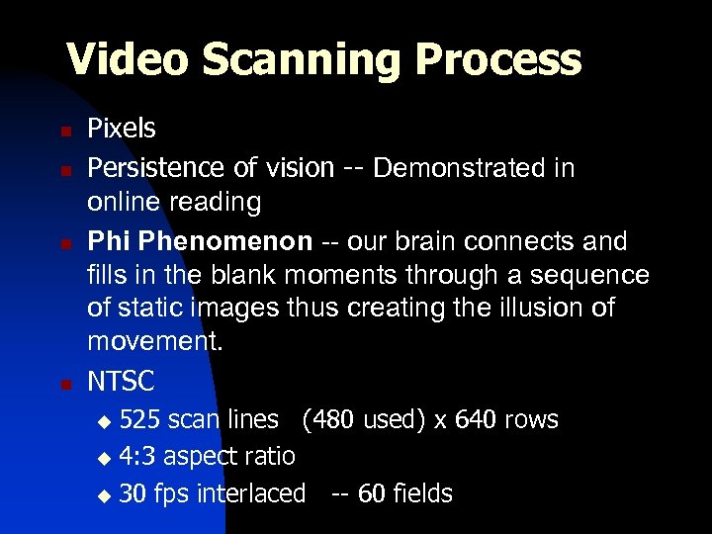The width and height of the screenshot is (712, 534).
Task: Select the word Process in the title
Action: click(x=498, y=59)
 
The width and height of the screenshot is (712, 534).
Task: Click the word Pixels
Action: click(x=122, y=129)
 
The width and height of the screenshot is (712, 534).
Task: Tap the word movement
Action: click(x=155, y=342)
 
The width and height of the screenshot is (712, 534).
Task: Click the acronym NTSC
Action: click(x=122, y=380)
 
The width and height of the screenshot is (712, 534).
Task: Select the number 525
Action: click(x=140, y=419)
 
